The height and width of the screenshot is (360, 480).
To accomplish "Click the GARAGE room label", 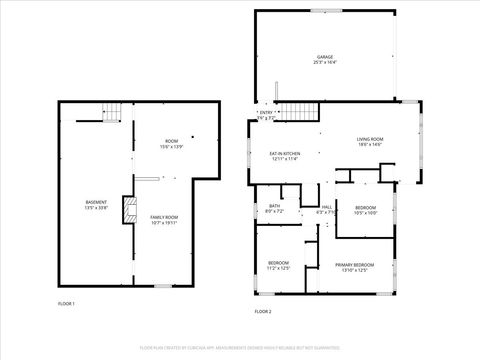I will tap(325, 57).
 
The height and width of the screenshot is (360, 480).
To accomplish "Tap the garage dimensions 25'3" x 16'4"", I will tap(325, 63).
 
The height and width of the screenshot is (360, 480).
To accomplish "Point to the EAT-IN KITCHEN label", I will tap(285, 152).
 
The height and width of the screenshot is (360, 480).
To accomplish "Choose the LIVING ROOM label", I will tap(370, 139).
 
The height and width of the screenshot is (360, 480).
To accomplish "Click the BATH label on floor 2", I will tap(274, 206).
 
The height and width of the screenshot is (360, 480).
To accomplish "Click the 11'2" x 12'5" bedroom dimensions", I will tap(277, 268).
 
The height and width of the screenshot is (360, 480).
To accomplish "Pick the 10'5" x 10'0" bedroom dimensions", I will tap(365, 213).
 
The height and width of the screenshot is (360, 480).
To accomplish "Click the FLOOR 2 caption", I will tap(263, 312).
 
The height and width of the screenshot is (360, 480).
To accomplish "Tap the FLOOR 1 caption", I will tap(66, 303).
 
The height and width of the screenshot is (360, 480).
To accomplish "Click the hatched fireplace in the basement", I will tap(127, 209).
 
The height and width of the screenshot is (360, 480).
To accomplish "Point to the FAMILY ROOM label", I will tap(164, 217).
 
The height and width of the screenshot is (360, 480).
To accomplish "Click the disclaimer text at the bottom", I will tap(240, 347).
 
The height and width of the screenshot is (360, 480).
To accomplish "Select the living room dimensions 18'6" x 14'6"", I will tap(370, 145).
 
